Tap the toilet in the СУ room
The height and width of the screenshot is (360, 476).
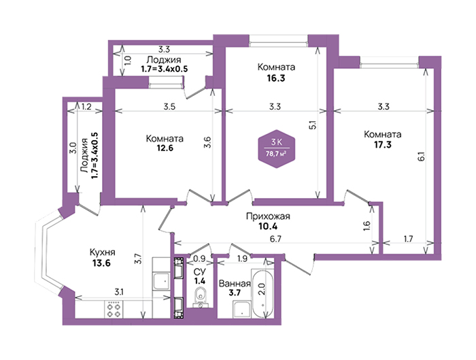coord(200,296)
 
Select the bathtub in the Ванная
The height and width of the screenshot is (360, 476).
coord(263,293)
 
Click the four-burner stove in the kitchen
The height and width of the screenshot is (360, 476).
coord(114,309)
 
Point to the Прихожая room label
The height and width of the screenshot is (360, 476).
coord(268,216)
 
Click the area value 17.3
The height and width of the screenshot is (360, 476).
coord(382,144)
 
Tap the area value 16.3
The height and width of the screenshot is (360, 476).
coord(276,78)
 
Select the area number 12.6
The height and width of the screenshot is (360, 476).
coord(165,148)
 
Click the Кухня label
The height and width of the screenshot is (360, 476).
coord(102,252)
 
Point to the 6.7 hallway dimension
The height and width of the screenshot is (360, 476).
coord(275,238)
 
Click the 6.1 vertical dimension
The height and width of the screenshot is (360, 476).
coord(422,157)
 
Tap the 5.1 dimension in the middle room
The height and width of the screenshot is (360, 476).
coord(313,125)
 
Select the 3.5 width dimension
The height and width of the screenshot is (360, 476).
coord(169,107)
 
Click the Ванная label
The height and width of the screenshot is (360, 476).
coord(235,284)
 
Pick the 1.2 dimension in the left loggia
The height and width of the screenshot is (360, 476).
coord(86,107)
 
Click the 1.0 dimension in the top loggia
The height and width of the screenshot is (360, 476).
coord(128,60)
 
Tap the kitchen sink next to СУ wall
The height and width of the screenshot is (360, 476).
coord(161,280)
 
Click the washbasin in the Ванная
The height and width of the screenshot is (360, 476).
coord(242,309)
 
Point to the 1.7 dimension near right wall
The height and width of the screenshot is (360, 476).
coord(408,239)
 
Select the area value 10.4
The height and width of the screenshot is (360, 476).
coord(268,227)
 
